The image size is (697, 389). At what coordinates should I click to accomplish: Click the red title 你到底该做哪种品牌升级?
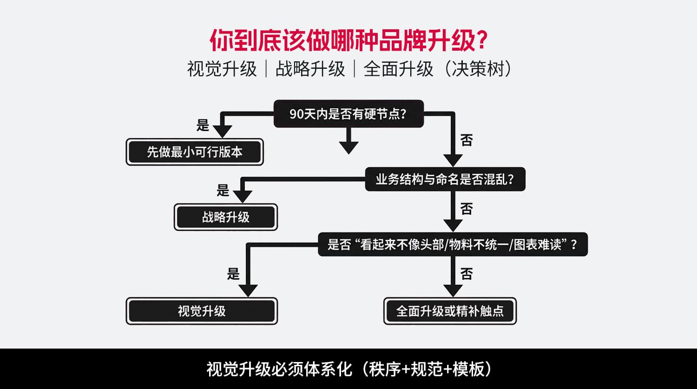pyautogui.click(x=348, y=41)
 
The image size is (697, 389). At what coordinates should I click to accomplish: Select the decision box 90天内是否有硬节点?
pyautogui.click(x=348, y=114)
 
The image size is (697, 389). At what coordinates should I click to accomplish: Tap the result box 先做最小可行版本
pyautogui.click(x=195, y=152)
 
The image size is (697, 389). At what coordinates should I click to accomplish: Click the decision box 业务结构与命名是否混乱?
pyautogui.click(x=445, y=179)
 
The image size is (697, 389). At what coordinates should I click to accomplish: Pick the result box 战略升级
pyautogui.click(x=226, y=217)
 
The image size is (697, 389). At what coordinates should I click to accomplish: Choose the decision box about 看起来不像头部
pyautogui.click(x=453, y=244)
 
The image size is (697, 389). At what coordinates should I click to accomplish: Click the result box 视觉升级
pyautogui.click(x=202, y=311)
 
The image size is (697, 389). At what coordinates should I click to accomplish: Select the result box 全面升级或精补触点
pyautogui.click(x=450, y=311)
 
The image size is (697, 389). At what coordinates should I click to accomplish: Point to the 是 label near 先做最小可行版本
pyautogui.click(x=203, y=125)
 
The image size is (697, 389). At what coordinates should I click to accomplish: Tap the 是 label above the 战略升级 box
pyautogui.click(x=223, y=190)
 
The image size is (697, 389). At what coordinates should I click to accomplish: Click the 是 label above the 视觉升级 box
pyautogui.click(x=233, y=274)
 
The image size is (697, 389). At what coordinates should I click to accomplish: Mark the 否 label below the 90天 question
pyautogui.click(x=467, y=140)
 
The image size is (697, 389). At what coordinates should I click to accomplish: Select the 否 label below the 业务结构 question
pyautogui.click(x=467, y=209)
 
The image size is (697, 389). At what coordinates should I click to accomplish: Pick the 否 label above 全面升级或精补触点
pyautogui.click(x=467, y=274)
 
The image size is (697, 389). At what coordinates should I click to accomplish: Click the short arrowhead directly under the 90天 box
pyautogui.click(x=348, y=147)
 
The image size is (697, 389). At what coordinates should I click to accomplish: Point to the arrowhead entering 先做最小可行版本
pyautogui.click(x=222, y=131)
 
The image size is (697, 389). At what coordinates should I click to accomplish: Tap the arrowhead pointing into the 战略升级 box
pyautogui.click(x=242, y=196)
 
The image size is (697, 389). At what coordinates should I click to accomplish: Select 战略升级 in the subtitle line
pyautogui.click(x=310, y=69)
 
